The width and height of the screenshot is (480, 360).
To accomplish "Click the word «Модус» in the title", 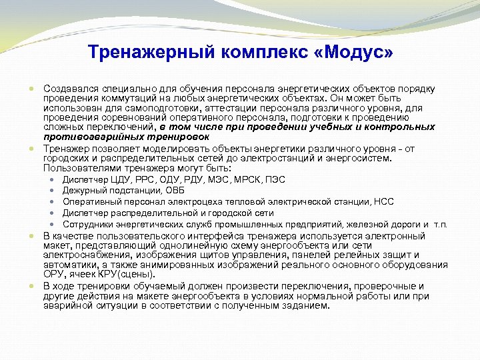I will point(353,51).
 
